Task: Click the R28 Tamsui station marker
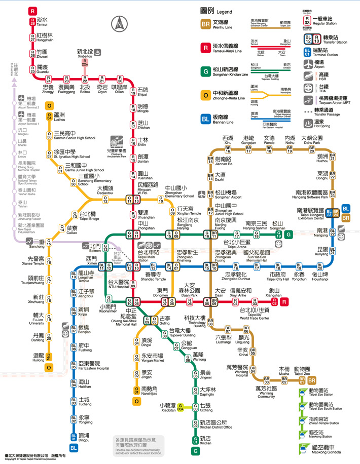coord(32,22)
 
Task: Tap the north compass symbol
coord(120,23)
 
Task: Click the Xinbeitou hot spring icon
coord(98,52)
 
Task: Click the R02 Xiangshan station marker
coord(274,302)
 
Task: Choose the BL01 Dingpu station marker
coord(74,436)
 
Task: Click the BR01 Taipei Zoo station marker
coord(302,379)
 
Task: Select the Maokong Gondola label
coord(325,449)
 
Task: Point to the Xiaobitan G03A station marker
coord(181,408)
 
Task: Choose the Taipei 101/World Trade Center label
coord(255,312)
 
